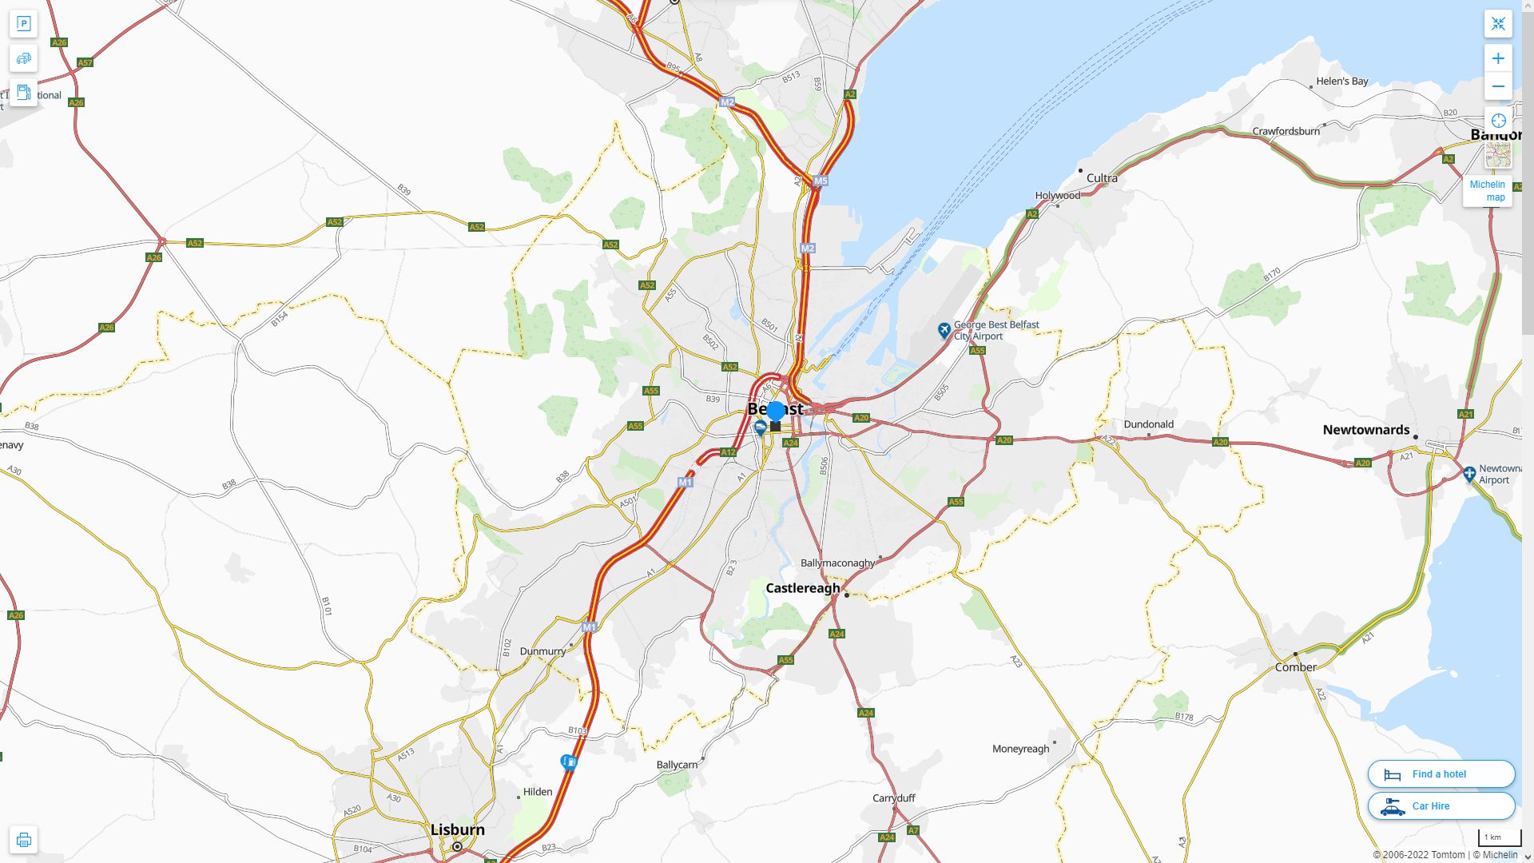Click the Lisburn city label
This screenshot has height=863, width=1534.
[x=457, y=829]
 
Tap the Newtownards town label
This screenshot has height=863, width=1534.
[x=1365, y=430]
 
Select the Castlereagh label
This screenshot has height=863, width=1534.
[x=802, y=588]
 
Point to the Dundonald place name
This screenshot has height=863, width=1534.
[x=1148, y=424]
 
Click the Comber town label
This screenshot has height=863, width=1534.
[x=1295, y=667]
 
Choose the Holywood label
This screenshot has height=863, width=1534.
[x=1057, y=196]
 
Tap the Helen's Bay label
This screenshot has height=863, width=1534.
[x=1341, y=82]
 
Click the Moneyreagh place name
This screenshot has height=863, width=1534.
[x=1020, y=749]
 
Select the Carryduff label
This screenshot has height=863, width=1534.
[x=893, y=798]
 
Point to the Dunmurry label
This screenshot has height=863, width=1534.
[x=542, y=651]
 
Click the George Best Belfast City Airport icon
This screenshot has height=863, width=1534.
[x=944, y=330]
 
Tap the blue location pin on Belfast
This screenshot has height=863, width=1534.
[x=775, y=412]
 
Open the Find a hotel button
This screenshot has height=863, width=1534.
[x=1441, y=774]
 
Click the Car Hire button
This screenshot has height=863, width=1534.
[x=1441, y=806]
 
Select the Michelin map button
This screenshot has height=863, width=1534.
[x=1487, y=190]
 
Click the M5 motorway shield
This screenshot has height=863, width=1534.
[x=821, y=181]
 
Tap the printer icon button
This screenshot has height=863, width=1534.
[x=23, y=840]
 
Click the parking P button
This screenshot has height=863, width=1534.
[x=23, y=24]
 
